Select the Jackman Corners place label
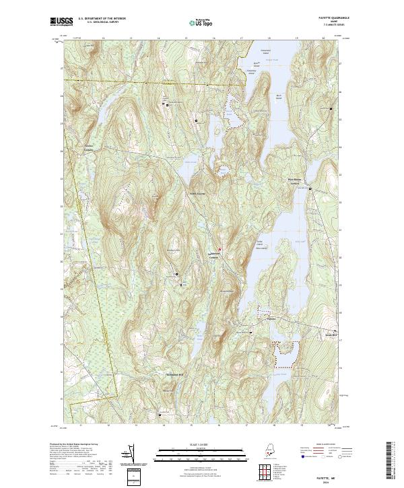click(x=215, y=256)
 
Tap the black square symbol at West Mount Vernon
click(x=310, y=190)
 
